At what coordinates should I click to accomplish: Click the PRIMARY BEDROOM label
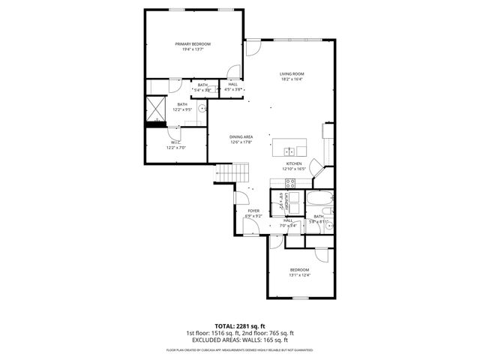(x=193, y=44)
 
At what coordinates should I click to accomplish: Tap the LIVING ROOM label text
(x=292, y=73)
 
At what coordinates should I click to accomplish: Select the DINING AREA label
(x=241, y=136)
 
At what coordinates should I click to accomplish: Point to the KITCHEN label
(x=293, y=163)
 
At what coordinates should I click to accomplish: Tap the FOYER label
(x=253, y=211)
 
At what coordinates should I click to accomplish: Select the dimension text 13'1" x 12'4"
(x=299, y=274)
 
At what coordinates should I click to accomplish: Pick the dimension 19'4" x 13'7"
(x=193, y=50)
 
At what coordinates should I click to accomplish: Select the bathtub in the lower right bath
(x=316, y=199)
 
